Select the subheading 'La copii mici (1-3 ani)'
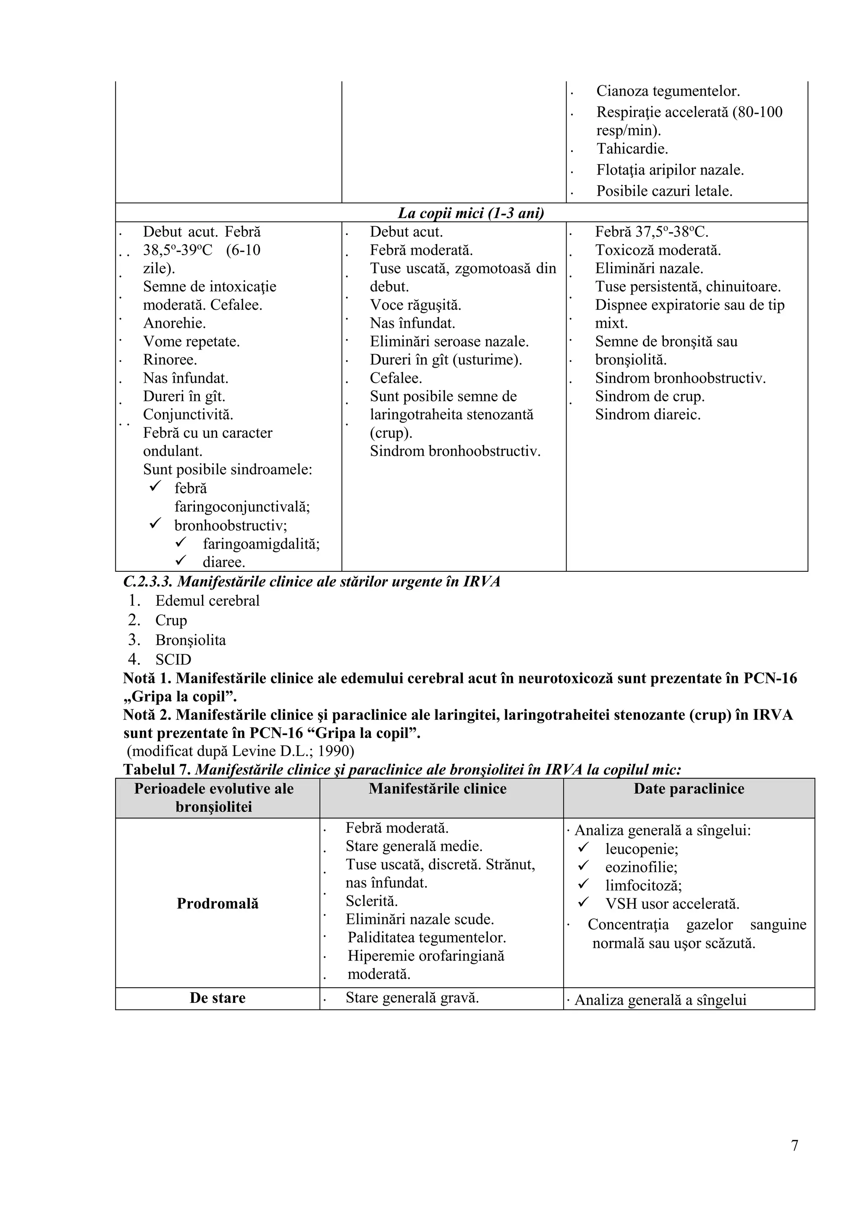tap(471, 213)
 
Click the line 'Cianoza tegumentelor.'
tap(668, 91)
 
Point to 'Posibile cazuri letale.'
tap(664, 191)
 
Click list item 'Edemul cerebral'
tap(207, 601)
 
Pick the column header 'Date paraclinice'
tap(688, 789)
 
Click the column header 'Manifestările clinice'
tap(438, 789)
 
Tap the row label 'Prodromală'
tap(218, 904)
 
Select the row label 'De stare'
tap(218, 998)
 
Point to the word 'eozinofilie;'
tap(641, 867)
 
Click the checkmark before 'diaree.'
tap(181, 560)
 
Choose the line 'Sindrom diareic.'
tap(648, 414)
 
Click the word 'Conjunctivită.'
tap(188, 414)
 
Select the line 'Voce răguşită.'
tap(415, 305)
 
